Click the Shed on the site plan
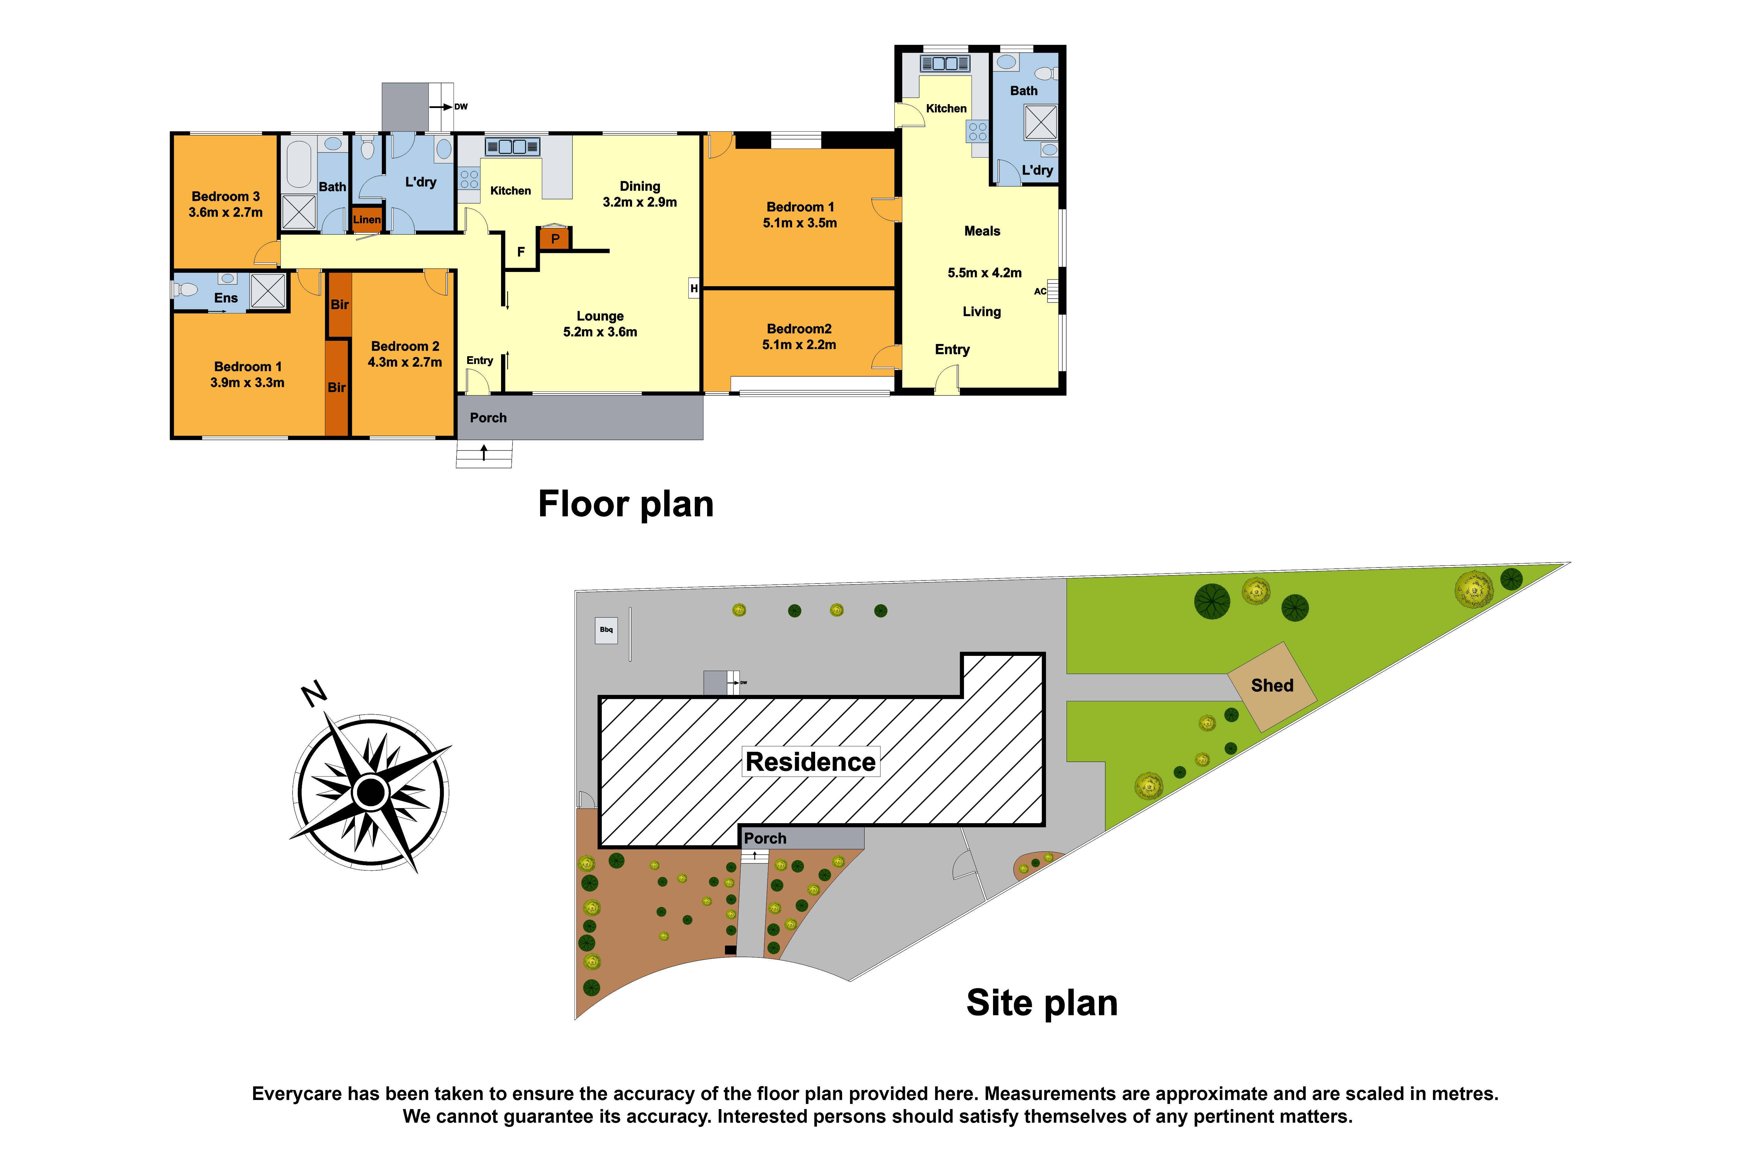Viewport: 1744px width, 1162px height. [x=1272, y=686]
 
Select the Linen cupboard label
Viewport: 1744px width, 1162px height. [x=367, y=219]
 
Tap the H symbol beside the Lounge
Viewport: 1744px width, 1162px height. [x=694, y=288]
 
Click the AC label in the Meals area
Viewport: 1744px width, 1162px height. [x=1040, y=291]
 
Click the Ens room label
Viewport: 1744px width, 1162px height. [x=226, y=298]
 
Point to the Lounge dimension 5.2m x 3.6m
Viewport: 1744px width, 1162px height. [x=600, y=332]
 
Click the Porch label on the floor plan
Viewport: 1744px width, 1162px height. [x=488, y=418]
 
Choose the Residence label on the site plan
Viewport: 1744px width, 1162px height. [x=811, y=762]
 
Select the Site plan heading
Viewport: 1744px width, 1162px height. [x=1042, y=1003]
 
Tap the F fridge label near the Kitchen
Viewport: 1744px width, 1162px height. [x=521, y=252]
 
